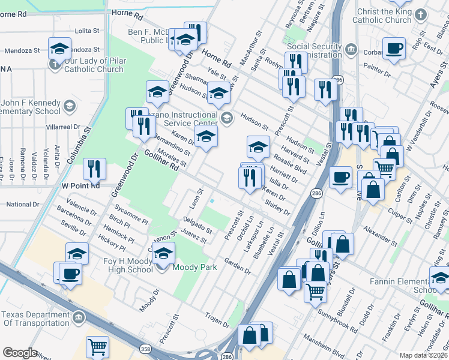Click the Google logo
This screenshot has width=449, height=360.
20,353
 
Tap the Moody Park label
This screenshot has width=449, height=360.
194,267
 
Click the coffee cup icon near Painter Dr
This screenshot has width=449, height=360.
394,49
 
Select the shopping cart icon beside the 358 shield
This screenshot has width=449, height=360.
97,347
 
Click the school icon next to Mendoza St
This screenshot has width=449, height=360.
60,49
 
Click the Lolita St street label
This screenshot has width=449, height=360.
87,30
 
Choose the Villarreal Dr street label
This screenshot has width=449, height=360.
64,127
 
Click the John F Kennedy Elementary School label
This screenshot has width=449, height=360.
30,107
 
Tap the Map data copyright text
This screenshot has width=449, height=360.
424,355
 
